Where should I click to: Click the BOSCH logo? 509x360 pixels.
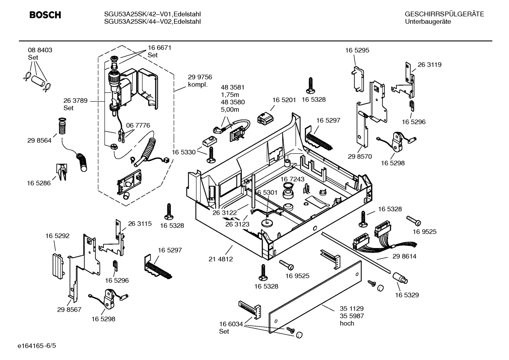pos(45,15)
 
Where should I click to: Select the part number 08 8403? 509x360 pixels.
pos(40,50)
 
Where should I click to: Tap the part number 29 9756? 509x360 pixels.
pos(200,77)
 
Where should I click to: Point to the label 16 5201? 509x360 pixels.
pos(284,100)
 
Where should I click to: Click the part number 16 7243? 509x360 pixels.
pos(292,179)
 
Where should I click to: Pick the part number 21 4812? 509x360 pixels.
pos(221,259)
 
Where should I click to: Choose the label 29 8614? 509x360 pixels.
pos(404,256)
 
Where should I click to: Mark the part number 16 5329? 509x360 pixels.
pos(407,295)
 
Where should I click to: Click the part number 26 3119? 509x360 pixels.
pos(429,65)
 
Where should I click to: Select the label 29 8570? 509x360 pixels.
pos(360,157)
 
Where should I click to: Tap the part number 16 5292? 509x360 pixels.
pos(57,236)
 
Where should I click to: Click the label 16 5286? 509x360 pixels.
pos(39,183)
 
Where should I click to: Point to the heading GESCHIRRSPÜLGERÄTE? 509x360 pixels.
pos(444,14)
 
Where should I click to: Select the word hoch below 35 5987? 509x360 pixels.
pos(347,323)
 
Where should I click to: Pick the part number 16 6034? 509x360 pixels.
pos(231,324)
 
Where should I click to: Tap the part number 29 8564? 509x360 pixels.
pos(39,141)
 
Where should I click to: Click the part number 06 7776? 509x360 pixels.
pos(138,125)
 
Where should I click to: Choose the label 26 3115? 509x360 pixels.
pos(139,224)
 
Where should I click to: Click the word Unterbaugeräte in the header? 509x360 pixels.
pos(428,22)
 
